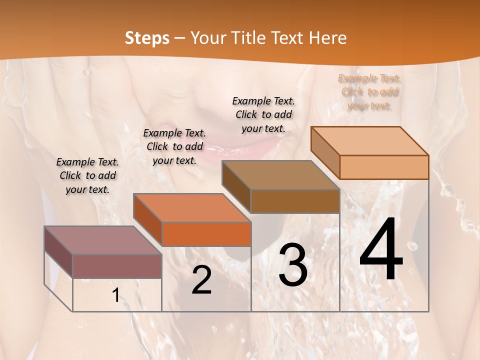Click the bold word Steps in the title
147,38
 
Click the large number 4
381,249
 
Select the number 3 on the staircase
293,264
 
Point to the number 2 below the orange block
201,280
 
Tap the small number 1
116,295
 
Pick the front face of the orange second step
206,234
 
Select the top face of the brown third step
280,175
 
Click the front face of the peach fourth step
383,167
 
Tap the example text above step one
87,175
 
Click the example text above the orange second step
174,146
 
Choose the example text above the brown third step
263,114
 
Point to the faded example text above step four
369,92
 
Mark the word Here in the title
328,38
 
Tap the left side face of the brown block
236,186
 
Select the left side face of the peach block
325,152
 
